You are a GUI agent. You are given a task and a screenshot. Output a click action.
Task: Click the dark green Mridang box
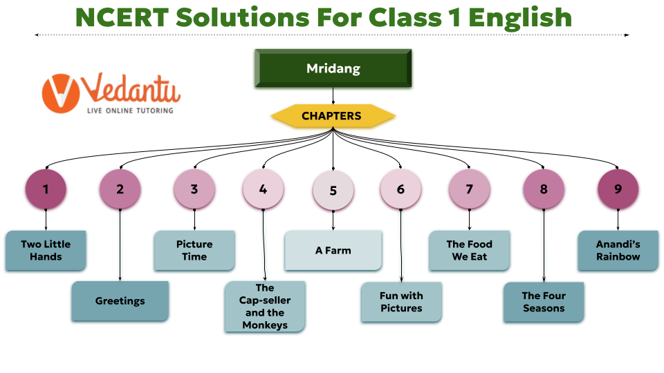(x=333, y=69)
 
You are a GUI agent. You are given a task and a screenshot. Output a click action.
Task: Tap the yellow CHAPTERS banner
(x=332, y=116)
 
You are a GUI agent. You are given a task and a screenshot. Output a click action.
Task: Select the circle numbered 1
(x=46, y=189)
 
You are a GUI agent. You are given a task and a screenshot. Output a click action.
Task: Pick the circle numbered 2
(x=120, y=189)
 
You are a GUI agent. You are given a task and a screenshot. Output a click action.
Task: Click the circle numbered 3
(x=194, y=189)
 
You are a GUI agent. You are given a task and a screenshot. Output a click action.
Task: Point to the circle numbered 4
(x=263, y=189)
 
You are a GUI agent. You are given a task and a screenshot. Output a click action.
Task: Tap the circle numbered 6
(x=400, y=189)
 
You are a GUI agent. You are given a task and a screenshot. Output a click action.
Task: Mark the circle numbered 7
(x=470, y=189)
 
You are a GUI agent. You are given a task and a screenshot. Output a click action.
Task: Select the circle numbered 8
(x=544, y=189)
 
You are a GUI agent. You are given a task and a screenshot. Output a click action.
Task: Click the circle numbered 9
(x=618, y=189)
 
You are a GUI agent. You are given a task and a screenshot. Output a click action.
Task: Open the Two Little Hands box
(x=46, y=250)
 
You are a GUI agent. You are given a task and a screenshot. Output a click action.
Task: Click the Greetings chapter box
(x=120, y=301)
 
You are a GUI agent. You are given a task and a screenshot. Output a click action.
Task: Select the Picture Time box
(x=194, y=250)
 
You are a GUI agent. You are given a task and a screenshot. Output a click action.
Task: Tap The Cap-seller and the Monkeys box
(x=265, y=306)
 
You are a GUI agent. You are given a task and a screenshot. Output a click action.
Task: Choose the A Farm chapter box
(x=333, y=250)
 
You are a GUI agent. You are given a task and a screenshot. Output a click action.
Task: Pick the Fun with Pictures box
(x=401, y=302)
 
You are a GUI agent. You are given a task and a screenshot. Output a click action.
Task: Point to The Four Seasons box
(x=544, y=302)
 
